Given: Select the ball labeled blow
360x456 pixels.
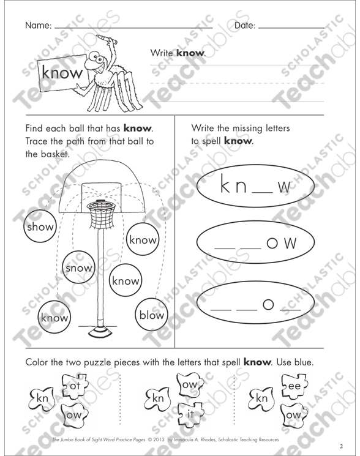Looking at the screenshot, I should pyautogui.click(x=151, y=316).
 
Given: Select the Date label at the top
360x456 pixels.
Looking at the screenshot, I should pyautogui.click(x=244, y=26).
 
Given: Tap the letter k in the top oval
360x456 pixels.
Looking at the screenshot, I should pyautogui.click(x=223, y=185).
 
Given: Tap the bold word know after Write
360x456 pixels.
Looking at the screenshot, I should pyautogui.click(x=189, y=54).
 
